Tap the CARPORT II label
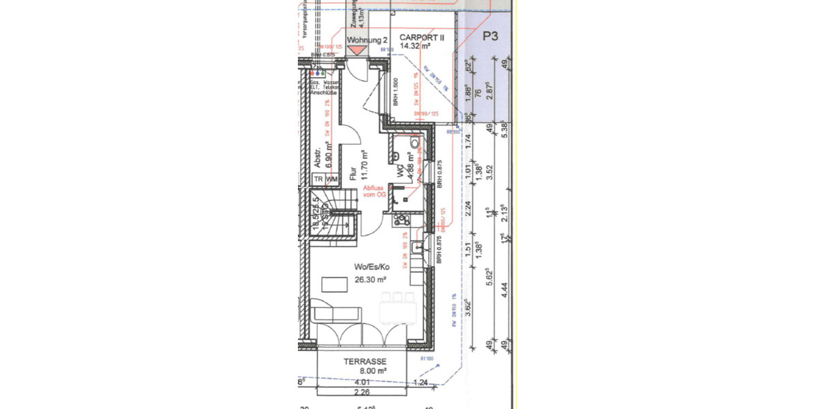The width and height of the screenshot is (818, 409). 422,38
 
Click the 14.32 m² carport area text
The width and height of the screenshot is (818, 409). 415,46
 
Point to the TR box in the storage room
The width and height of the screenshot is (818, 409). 318,179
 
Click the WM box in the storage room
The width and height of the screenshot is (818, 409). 332,179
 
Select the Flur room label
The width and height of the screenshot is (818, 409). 353,173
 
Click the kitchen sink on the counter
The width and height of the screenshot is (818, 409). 420,247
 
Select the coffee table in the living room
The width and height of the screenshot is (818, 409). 334,282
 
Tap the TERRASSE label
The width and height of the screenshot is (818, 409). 365,361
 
